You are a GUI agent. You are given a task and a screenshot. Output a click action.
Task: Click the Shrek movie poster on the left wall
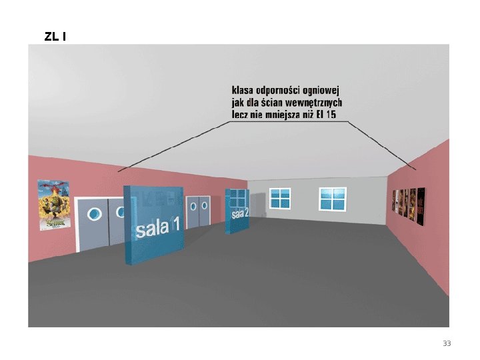(54, 205)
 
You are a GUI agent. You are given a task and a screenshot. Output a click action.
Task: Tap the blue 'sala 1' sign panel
(153, 224)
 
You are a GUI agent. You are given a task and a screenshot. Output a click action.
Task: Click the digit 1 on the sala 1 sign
(175, 227)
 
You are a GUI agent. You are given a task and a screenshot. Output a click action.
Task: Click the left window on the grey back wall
(280, 198)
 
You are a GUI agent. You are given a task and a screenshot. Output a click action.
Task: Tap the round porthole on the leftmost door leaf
(95, 214)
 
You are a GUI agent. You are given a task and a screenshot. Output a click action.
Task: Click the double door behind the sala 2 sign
(198, 212)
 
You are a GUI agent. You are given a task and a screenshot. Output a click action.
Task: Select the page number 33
(447, 343)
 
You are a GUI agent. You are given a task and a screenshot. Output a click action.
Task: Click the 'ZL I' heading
(55, 36)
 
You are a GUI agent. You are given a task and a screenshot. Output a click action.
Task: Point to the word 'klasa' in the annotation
(243, 89)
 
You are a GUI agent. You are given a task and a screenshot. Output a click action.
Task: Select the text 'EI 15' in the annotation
(325, 115)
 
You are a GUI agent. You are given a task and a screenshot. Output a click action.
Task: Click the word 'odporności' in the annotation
(279, 89)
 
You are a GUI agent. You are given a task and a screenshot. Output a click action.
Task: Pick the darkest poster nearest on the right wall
(421, 206)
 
